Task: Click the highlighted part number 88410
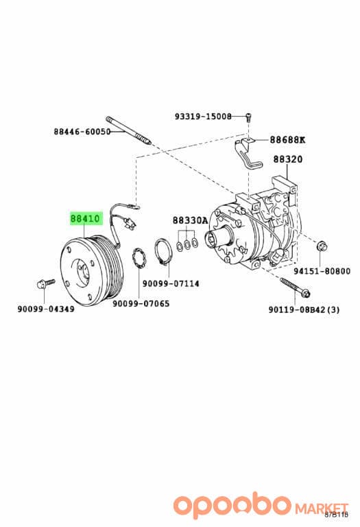pos(85,219)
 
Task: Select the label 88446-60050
pos(82,132)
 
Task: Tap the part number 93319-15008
pos(203,117)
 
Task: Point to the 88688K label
pos(288,139)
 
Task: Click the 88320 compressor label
pos(288,159)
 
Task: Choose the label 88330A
pos(191,220)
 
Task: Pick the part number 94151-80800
pos(322,271)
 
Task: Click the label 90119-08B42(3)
pos(304,309)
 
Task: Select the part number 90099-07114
pos(171,283)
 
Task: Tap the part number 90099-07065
pos(141,304)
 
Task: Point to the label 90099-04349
pos(46,309)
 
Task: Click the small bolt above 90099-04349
pos(45,283)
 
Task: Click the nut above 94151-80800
pos(320,246)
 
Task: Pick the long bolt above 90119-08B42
pos(295,288)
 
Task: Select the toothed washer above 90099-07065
pos(139,258)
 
